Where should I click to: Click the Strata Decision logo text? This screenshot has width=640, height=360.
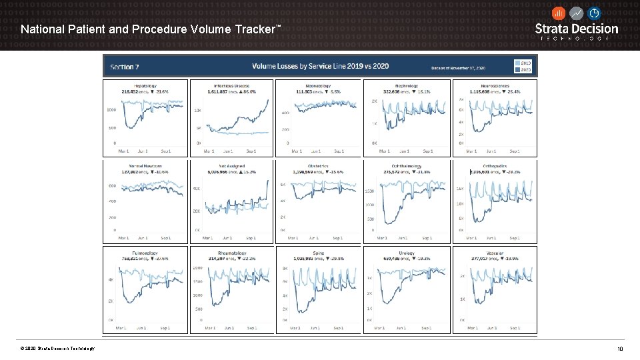577,29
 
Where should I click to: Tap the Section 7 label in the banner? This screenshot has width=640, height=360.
125,67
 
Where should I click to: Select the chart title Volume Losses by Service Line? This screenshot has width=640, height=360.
320,66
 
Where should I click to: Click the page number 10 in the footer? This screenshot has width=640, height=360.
620,349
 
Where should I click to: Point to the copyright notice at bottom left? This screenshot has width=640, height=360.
57,349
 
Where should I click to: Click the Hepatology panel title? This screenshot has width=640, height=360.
145,85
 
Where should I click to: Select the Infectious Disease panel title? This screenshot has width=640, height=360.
232,85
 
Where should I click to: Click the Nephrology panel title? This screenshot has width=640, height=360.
407,85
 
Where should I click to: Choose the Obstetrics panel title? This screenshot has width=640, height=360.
318,166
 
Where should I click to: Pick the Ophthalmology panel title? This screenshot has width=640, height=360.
407,166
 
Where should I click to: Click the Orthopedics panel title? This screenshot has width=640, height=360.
495,166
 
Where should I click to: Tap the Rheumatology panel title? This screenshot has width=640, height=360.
232,253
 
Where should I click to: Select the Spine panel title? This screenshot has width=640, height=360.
318,253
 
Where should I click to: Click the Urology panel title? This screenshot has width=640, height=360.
407,253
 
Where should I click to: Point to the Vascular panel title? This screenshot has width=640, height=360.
495,253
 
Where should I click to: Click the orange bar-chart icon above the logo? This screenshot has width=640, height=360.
559,13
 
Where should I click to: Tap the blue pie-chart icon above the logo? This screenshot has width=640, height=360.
594,13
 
